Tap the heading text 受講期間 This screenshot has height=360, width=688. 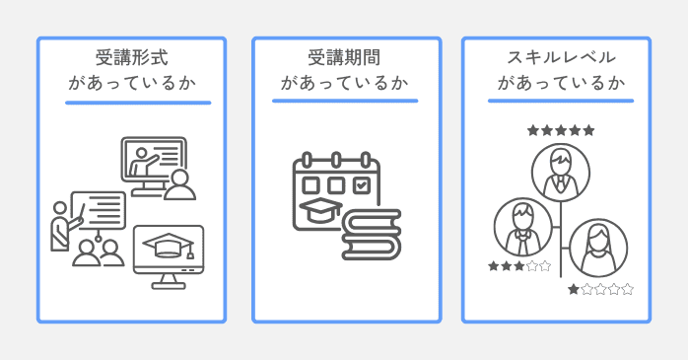(x=345, y=57)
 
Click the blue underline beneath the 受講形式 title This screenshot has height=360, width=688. (x=138, y=102)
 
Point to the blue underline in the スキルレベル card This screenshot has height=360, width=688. (x=560, y=101)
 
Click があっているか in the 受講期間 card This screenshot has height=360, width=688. (x=345, y=83)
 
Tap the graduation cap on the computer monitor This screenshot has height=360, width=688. (x=169, y=245)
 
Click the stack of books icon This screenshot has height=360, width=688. (x=371, y=234)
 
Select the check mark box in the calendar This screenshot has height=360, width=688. (x=362, y=184)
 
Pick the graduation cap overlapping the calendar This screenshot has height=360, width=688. (x=321, y=210)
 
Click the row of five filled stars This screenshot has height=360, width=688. (x=560, y=130)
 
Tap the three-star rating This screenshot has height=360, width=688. (x=519, y=265)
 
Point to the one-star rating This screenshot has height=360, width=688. (x=600, y=289)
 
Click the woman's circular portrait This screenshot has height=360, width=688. (x=597, y=248)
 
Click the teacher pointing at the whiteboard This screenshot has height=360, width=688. (x=62, y=227)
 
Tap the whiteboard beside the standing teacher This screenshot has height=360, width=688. (x=99, y=210)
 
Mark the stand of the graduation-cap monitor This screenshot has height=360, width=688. (x=169, y=280)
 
